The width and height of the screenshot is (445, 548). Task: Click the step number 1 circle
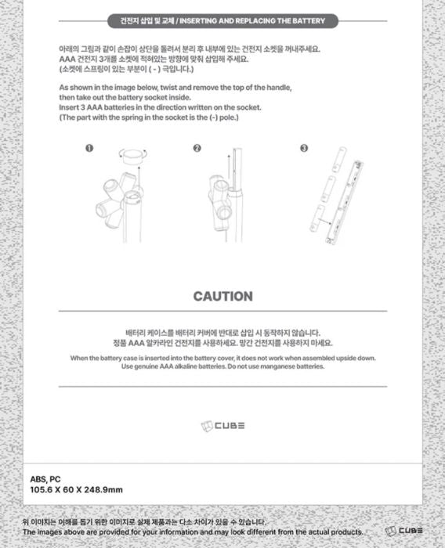click(x=89, y=148)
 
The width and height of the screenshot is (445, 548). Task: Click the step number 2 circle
click(x=197, y=148)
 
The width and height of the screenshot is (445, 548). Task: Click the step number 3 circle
click(x=304, y=148)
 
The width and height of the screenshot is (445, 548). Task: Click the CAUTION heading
click(x=222, y=297)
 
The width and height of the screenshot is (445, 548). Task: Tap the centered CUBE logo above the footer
click(x=222, y=425)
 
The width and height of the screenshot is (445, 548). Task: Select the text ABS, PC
click(x=46, y=478)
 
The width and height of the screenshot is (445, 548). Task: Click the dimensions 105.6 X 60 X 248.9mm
click(x=76, y=490)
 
